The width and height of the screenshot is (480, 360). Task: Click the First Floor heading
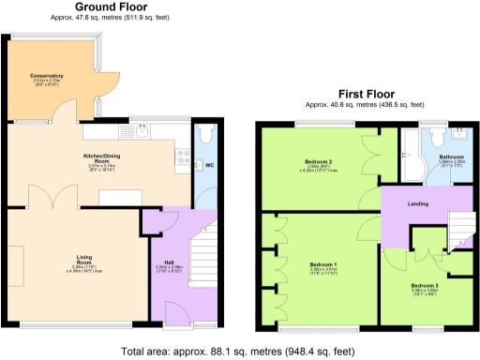click(366, 94)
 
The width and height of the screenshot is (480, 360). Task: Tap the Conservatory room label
click(46, 76)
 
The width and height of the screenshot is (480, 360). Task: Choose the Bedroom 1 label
click(324, 264)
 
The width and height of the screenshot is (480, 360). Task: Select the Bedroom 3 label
click(426, 285)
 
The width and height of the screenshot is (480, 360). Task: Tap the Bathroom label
click(453, 157)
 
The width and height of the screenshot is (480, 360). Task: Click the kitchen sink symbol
click(142, 132)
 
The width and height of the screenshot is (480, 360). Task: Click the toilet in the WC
click(207, 134)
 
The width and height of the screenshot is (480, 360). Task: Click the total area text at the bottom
click(238, 352)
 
